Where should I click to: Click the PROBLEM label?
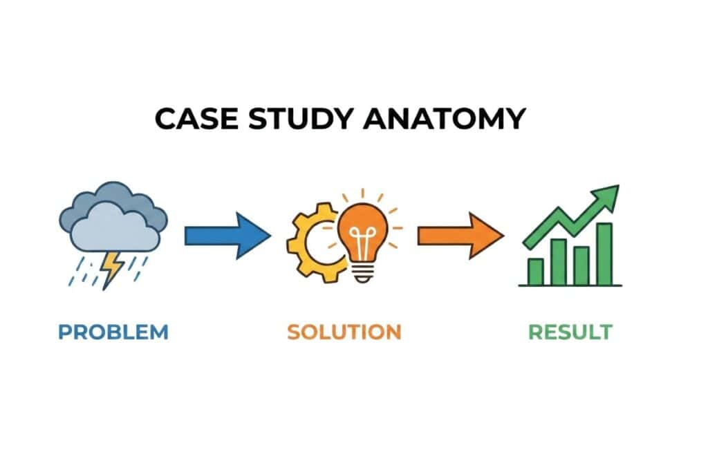113,332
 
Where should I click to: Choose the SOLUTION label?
344,332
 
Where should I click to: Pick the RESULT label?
570,332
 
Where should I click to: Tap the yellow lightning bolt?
111,268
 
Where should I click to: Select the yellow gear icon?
310,239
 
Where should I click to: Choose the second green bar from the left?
559,261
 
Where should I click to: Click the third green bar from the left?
581,265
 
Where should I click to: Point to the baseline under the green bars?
570,285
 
